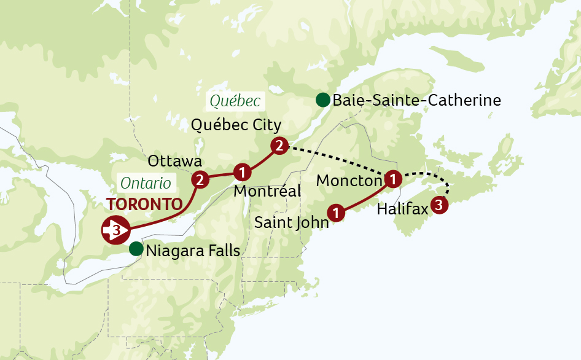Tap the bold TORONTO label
(144, 205)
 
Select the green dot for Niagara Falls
(136, 249)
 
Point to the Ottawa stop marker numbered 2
(200, 179)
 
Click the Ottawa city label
(175, 161)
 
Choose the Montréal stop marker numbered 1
(243, 171)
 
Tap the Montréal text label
(267, 191)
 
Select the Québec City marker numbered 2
(279, 146)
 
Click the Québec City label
(236, 125)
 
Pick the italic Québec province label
(235, 101)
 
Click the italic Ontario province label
(146, 182)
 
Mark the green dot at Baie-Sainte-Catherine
(322, 100)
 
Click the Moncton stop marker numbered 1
(392, 179)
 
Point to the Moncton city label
(349, 181)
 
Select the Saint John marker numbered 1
(336, 213)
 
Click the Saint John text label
(291, 222)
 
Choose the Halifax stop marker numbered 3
(440, 205)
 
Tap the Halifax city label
(402, 209)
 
